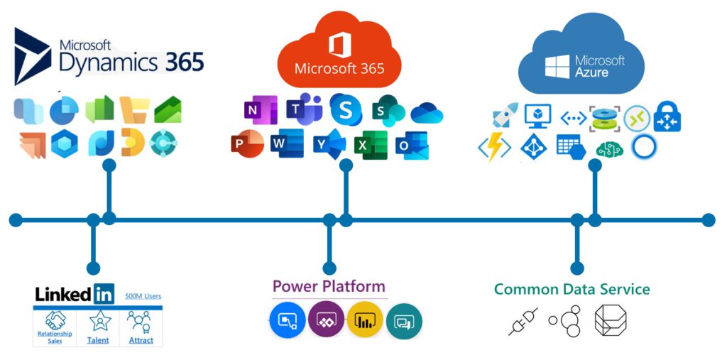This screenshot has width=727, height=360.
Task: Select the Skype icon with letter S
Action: [346, 109]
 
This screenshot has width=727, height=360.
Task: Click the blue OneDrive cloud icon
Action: [427, 113]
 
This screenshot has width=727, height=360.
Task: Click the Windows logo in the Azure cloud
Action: [557, 67]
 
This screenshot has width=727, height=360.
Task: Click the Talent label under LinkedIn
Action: [98, 340]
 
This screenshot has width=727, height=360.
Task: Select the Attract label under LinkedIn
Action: [141, 340]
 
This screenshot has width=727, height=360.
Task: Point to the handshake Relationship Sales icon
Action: [55, 320]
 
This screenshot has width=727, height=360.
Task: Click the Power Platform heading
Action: [329, 286]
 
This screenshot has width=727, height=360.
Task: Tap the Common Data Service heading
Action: [572, 289]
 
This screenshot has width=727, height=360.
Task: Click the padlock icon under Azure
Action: [667, 116]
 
